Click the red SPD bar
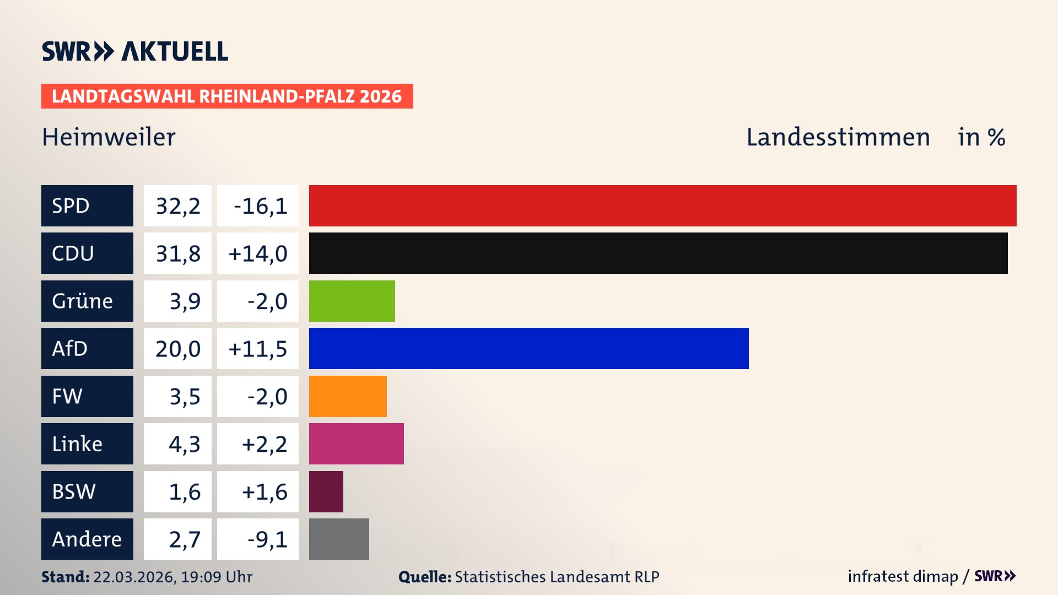tap(662, 205)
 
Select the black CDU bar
tap(658, 253)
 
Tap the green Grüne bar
tap(352, 301)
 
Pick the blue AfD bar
tap(528, 348)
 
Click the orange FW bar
tap(348, 396)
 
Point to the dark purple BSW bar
tap(326, 491)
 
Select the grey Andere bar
tap(339, 539)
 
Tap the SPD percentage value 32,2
tap(177, 205)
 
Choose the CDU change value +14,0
tap(257, 253)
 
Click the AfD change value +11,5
tap(257, 348)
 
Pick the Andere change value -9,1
tap(267, 539)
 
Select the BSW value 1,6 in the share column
tap(184, 491)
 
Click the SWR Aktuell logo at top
tap(134, 51)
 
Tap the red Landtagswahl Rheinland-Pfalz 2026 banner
tap(226, 96)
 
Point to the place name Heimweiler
tap(109, 137)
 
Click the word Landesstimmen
tap(838, 137)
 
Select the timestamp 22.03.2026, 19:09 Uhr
tap(172, 577)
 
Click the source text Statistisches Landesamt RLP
tap(557, 577)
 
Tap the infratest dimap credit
tap(902, 576)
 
